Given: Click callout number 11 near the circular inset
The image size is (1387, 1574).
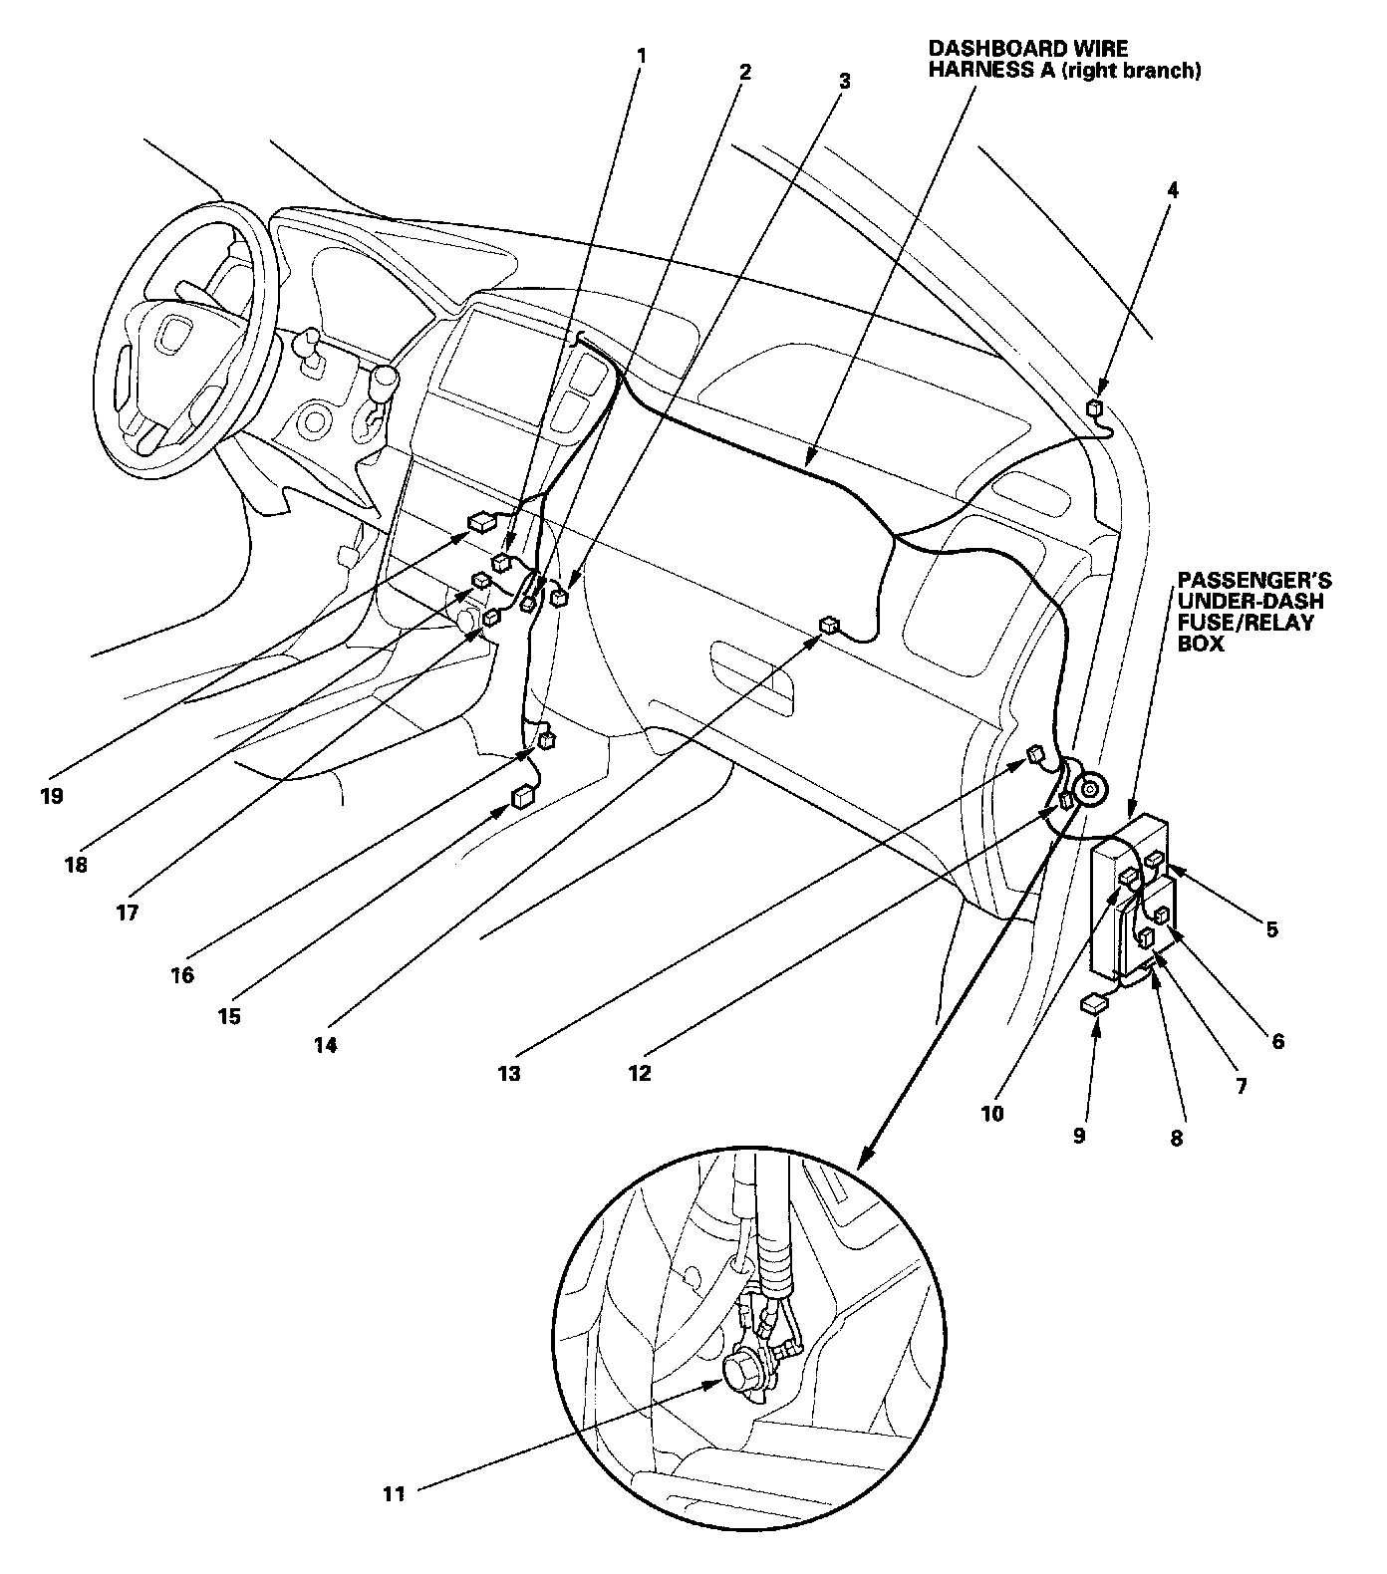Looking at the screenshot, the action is tap(395, 1493).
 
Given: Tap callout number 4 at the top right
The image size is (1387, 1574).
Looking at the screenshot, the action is tap(1173, 189).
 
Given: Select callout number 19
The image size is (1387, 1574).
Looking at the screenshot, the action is tap(52, 796).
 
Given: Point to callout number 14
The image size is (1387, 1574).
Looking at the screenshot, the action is tap(326, 1045).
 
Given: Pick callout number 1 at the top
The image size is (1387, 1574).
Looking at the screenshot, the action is tap(642, 56).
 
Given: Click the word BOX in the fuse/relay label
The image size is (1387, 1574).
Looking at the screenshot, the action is tap(1201, 645).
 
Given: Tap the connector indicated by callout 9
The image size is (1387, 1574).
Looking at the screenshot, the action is tap(1093, 1004).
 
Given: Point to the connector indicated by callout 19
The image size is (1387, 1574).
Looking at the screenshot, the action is tap(482, 520).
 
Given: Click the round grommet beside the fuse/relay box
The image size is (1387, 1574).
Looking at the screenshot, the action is tap(1090, 789).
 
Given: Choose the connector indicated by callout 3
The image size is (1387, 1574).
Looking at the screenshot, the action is tap(559, 598).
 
